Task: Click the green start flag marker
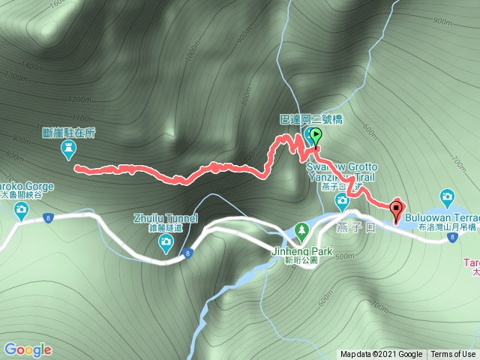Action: [x=316, y=136]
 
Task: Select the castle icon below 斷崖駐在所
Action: [x=68, y=151]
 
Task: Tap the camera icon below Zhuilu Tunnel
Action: [x=166, y=241]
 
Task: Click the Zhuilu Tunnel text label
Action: [x=166, y=219]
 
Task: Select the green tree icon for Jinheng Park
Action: [x=301, y=227]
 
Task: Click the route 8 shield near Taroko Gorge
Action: [x=48, y=218]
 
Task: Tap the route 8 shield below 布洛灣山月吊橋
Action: [x=453, y=238]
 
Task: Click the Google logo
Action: [x=28, y=349]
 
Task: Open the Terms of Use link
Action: [x=452, y=355]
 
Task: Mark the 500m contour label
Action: [x=346, y=257]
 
